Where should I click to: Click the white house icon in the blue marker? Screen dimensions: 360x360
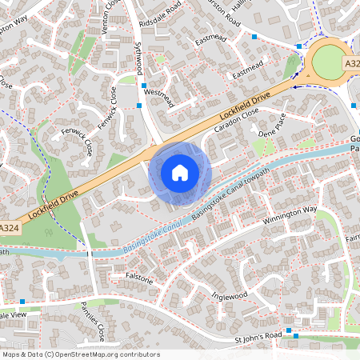[180, 172]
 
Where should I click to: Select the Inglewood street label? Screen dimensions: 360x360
[230, 296]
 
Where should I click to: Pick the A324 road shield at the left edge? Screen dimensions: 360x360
[9, 228]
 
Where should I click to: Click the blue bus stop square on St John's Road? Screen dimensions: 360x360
[297, 337]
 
